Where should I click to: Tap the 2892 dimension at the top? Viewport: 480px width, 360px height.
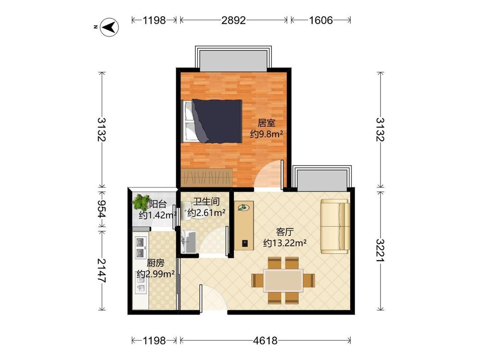(x=233, y=20)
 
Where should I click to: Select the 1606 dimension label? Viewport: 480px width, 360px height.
(x=320, y=20)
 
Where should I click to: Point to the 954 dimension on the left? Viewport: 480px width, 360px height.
(x=102, y=209)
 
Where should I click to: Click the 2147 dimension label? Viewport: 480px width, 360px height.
(x=102, y=270)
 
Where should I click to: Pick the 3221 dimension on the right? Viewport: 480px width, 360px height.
(x=380, y=250)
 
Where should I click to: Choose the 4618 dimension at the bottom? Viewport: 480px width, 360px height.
(x=265, y=340)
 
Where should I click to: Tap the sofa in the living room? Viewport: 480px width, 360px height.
(x=335, y=226)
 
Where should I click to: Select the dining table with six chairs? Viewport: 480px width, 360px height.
(x=283, y=280)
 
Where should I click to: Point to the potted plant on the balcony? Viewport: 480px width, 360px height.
(x=140, y=202)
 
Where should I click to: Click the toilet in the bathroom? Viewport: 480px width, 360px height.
(x=189, y=211)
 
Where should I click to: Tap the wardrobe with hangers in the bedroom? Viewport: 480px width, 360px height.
(x=207, y=177)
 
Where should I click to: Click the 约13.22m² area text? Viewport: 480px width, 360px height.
(x=285, y=243)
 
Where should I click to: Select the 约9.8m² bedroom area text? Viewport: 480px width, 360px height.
(x=266, y=134)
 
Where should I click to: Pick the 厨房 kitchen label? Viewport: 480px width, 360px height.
(x=155, y=263)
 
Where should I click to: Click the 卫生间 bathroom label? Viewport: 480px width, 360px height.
(x=207, y=202)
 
